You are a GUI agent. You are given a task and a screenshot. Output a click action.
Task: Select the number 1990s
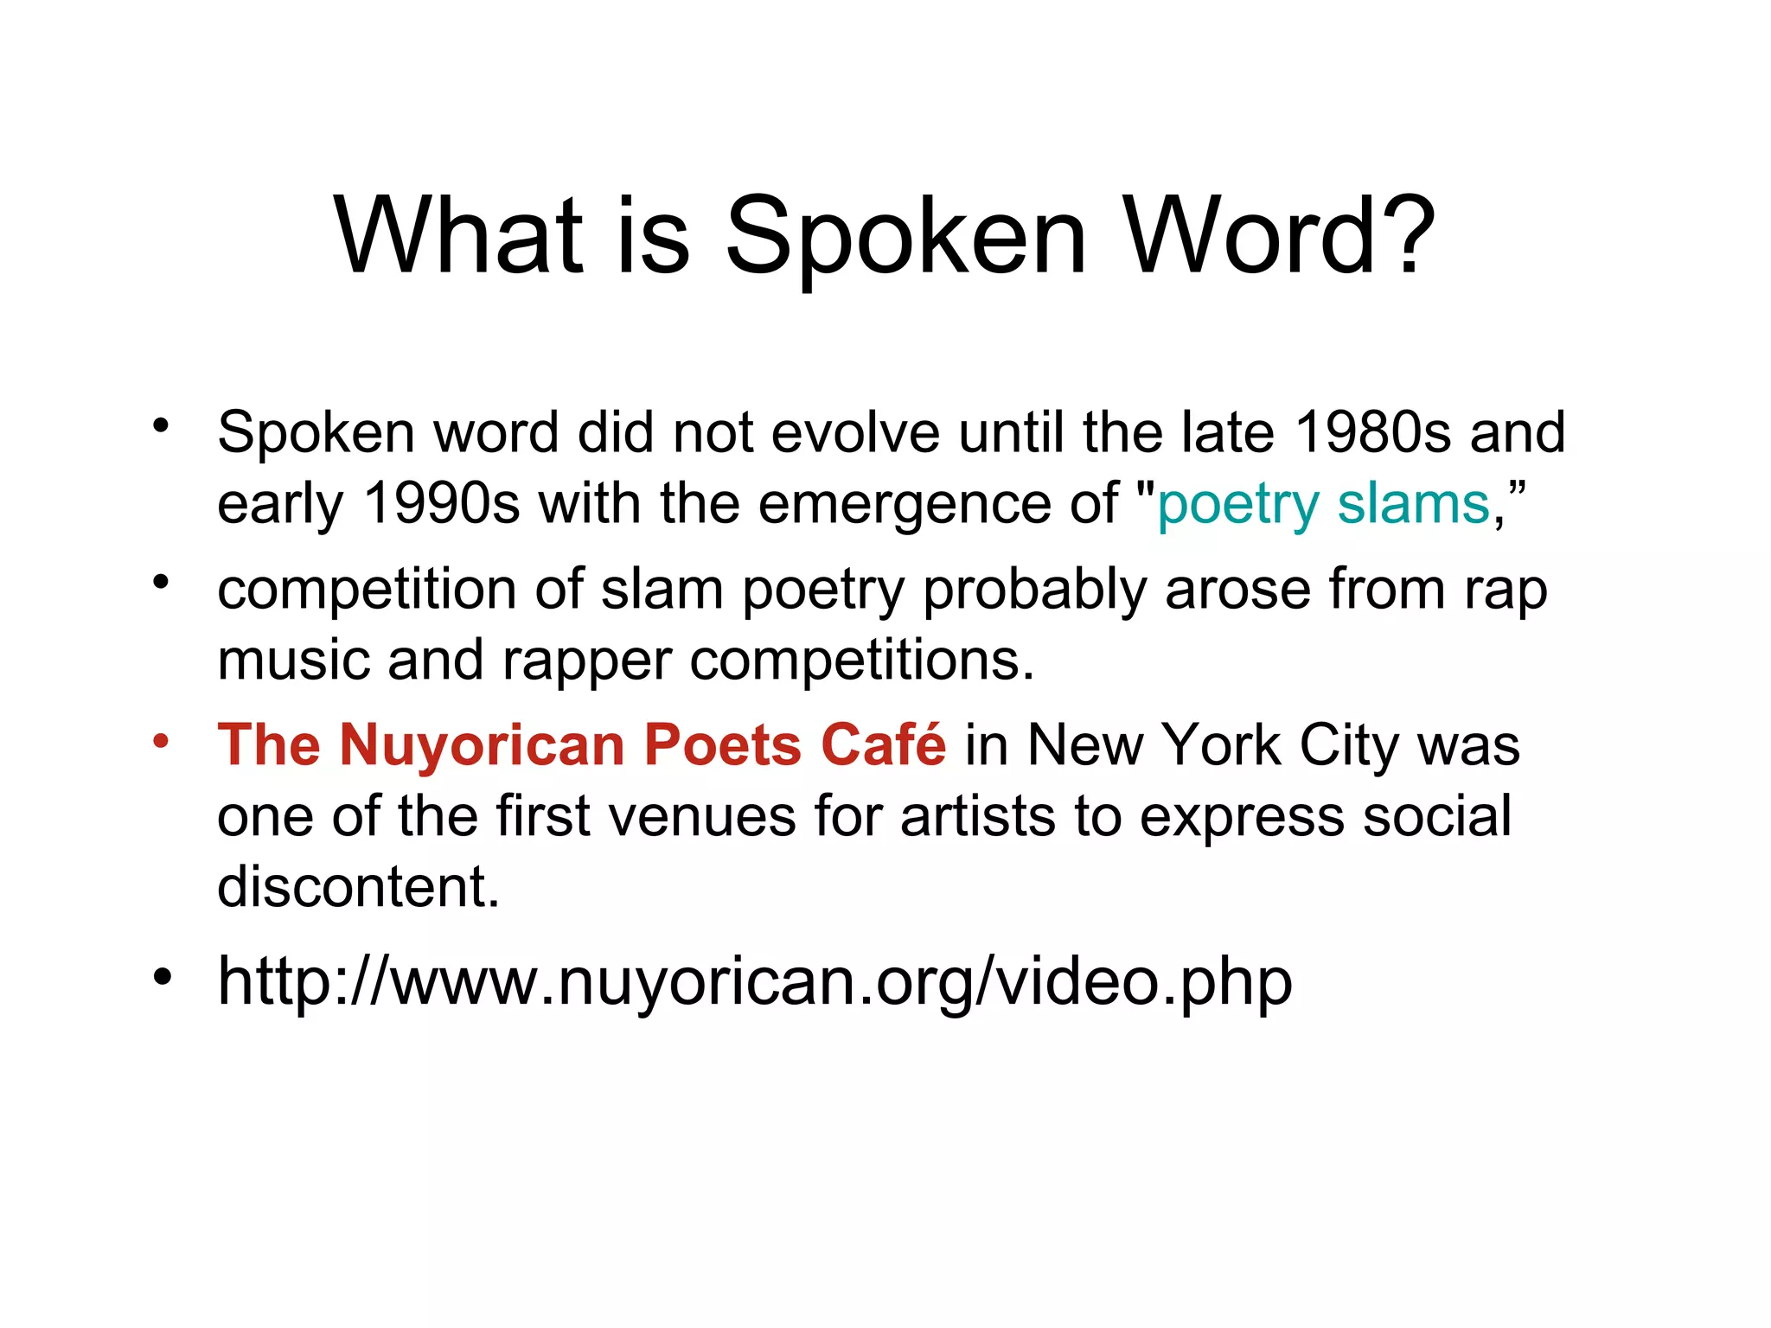442,503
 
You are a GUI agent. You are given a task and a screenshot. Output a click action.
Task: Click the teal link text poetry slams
1323,505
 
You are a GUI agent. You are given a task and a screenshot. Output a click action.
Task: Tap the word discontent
358,887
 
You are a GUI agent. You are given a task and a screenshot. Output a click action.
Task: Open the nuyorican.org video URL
754,982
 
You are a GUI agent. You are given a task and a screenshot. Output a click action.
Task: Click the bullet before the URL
162,978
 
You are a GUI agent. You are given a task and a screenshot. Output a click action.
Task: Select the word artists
977,816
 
